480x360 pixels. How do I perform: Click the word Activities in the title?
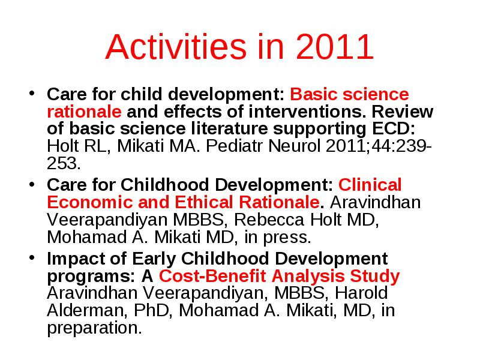click(176, 47)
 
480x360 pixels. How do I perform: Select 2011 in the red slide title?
click(335, 47)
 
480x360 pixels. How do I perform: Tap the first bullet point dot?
click(32, 93)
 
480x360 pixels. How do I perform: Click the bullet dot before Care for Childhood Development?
click(32, 184)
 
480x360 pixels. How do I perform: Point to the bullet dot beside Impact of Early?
click(32, 257)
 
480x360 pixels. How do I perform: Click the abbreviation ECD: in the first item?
click(394, 128)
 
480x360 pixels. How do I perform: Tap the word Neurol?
click(295, 146)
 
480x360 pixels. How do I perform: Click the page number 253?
click(64, 163)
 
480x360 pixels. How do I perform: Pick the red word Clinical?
click(370, 185)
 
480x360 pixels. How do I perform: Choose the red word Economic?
click(90, 202)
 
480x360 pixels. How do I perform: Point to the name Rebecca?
click(269, 220)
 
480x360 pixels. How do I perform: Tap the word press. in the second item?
click(287, 238)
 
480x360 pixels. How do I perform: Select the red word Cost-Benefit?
click(212, 276)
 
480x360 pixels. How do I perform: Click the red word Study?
click(375, 277)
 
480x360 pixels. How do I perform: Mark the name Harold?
click(361, 293)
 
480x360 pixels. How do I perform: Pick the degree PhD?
click(152, 310)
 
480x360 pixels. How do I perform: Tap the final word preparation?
click(95, 328)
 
